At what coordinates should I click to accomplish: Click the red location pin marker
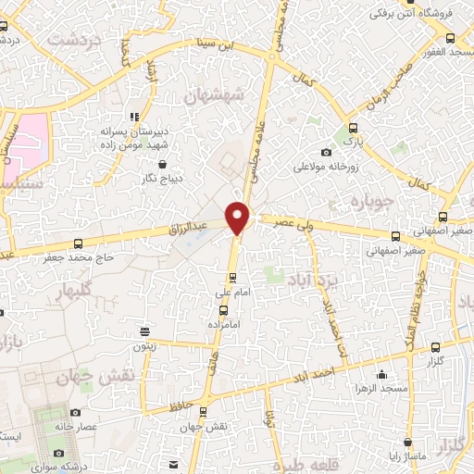click(x=238, y=218)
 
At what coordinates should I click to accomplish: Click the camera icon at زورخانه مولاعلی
click(x=326, y=153)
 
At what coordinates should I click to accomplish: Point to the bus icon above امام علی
click(x=232, y=277)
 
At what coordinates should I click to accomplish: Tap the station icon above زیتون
click(x=144, y=331)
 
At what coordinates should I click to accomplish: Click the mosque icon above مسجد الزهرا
click(x=381, y=374)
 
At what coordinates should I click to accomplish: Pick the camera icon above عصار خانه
click(x=75, y=413)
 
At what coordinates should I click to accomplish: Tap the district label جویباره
click(x=374, y=201)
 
